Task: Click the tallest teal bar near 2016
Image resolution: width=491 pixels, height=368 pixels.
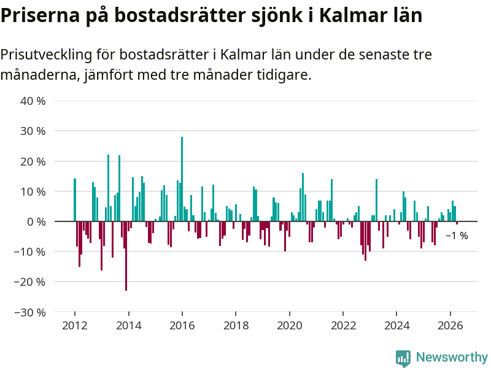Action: coord(182,179)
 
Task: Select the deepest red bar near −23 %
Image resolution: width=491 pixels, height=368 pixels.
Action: coord(126,256)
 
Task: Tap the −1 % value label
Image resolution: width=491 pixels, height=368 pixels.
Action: coord(457,236)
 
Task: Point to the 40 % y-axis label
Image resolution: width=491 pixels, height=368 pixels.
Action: coord(33,101)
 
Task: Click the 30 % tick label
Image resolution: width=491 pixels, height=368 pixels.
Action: coord(33,131)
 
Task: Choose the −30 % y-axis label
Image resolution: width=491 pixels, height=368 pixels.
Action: coord(30,312)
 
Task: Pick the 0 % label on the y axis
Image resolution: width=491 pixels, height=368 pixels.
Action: coord(36,222)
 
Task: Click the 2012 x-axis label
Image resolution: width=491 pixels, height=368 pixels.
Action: coord(75,326)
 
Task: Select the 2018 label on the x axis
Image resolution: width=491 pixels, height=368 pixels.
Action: coord(236,326)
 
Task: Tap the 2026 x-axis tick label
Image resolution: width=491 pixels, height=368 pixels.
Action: coord(450,326)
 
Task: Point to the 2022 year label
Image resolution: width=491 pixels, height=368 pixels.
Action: coord(343,326)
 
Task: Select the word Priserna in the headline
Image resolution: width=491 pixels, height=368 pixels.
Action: coord(40,15)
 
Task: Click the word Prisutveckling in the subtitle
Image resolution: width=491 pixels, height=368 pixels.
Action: coord(47,55)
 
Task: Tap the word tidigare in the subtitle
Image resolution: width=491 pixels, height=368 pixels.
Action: coord(284,75)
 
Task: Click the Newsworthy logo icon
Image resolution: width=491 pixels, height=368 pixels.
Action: coord(403,358)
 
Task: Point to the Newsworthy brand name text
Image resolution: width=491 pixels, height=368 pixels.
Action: coord(452,357)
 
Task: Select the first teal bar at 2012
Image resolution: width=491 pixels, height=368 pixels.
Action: coord(75,200)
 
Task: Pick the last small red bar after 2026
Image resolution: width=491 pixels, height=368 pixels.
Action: coord(457,223)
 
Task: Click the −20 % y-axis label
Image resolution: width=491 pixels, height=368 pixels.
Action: coord(30,282)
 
